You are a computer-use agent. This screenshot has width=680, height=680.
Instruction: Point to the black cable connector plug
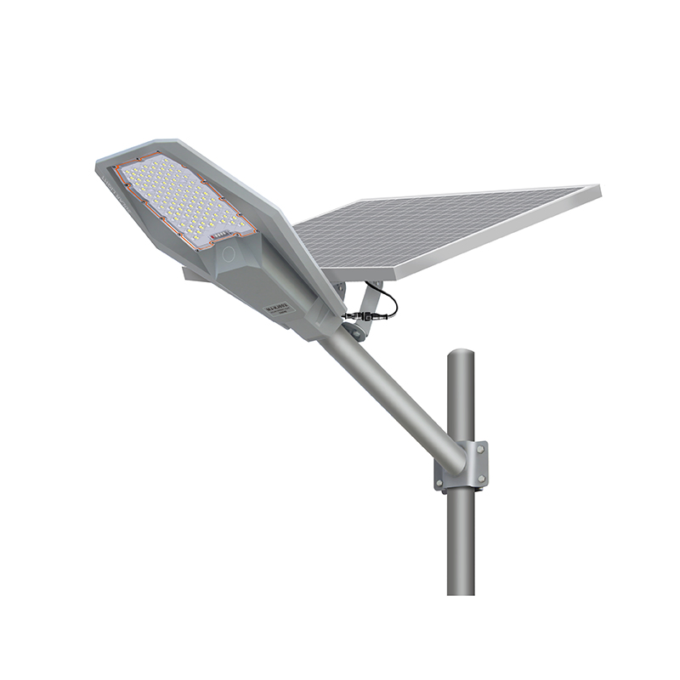click(351, 316)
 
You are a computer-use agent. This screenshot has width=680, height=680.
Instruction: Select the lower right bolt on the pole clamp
click(482, 481)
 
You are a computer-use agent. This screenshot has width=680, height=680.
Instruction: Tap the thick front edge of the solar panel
click(476, 255)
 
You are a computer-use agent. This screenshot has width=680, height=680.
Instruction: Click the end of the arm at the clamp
click(450, 459)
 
